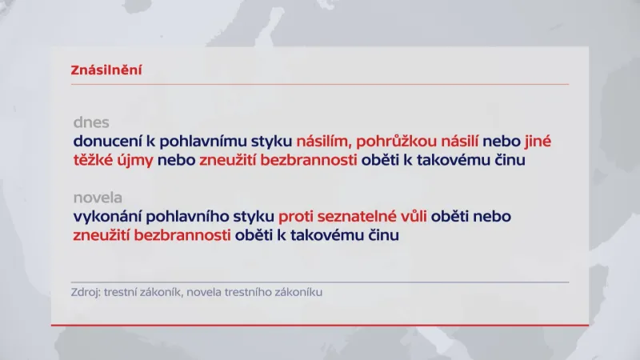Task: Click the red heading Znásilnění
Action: coord(107,70)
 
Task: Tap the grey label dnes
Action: coord(91,123)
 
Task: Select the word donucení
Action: coord(106,142)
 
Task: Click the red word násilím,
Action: coord(323,142)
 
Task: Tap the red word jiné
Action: coord(538,142)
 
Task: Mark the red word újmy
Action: coord(135,161)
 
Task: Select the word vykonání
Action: coord(106,217)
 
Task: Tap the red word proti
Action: coord(297,217)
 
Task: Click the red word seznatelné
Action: coord(361,217)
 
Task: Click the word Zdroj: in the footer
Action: coord(86,293)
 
